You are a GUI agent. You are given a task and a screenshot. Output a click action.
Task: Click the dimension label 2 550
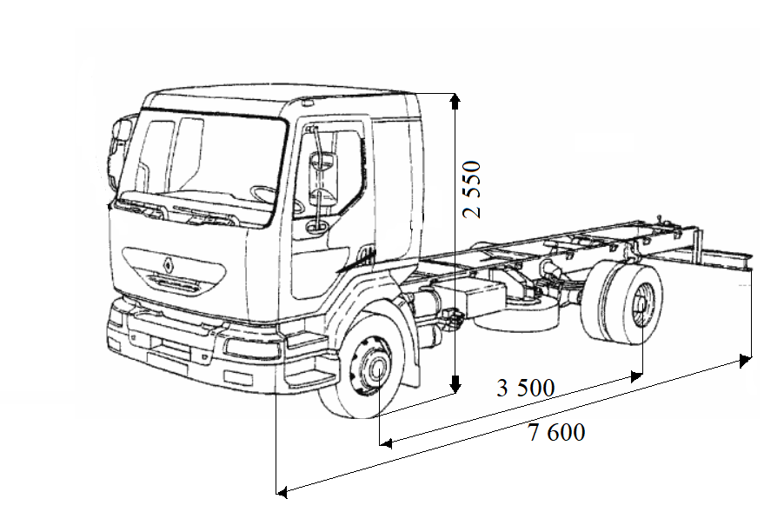pos(471,190)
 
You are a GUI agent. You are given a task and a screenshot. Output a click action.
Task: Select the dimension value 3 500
pos(525,388)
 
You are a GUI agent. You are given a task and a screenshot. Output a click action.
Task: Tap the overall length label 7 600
pos(556,432)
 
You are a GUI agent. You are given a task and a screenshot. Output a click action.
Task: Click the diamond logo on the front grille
pos(169,260)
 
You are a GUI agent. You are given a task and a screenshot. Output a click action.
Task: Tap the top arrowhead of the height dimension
pos(454,101)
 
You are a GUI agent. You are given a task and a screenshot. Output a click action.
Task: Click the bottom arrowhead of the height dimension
pos(454,385)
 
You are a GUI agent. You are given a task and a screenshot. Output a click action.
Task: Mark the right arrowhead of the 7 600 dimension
pos(745,359)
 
